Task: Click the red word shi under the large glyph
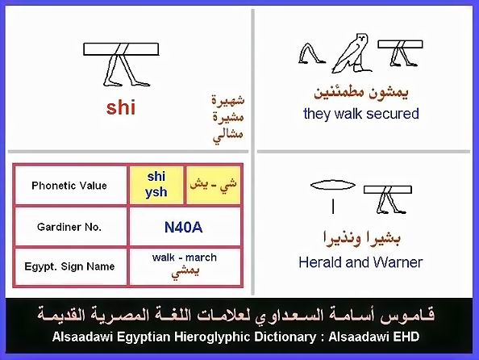[121, 108]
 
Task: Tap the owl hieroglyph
[352, 53]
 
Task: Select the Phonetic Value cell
[70, 186]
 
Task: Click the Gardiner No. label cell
[70, 227]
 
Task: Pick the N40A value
[183, 228]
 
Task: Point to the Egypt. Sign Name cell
[70, 266]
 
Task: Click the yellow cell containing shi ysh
[156, 185]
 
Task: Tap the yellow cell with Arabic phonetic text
[213, 185]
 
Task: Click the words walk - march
[185, 257]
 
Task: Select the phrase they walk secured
[360, 114]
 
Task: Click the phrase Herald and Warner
[360, 262]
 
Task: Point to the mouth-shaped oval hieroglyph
[333, 185]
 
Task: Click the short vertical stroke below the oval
[333, 207]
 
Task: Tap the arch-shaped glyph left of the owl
[311, 53]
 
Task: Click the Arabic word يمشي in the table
[185, 272]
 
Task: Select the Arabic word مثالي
[228, 136]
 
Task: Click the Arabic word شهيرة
[228, 100]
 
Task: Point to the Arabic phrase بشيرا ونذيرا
[362, 239]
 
